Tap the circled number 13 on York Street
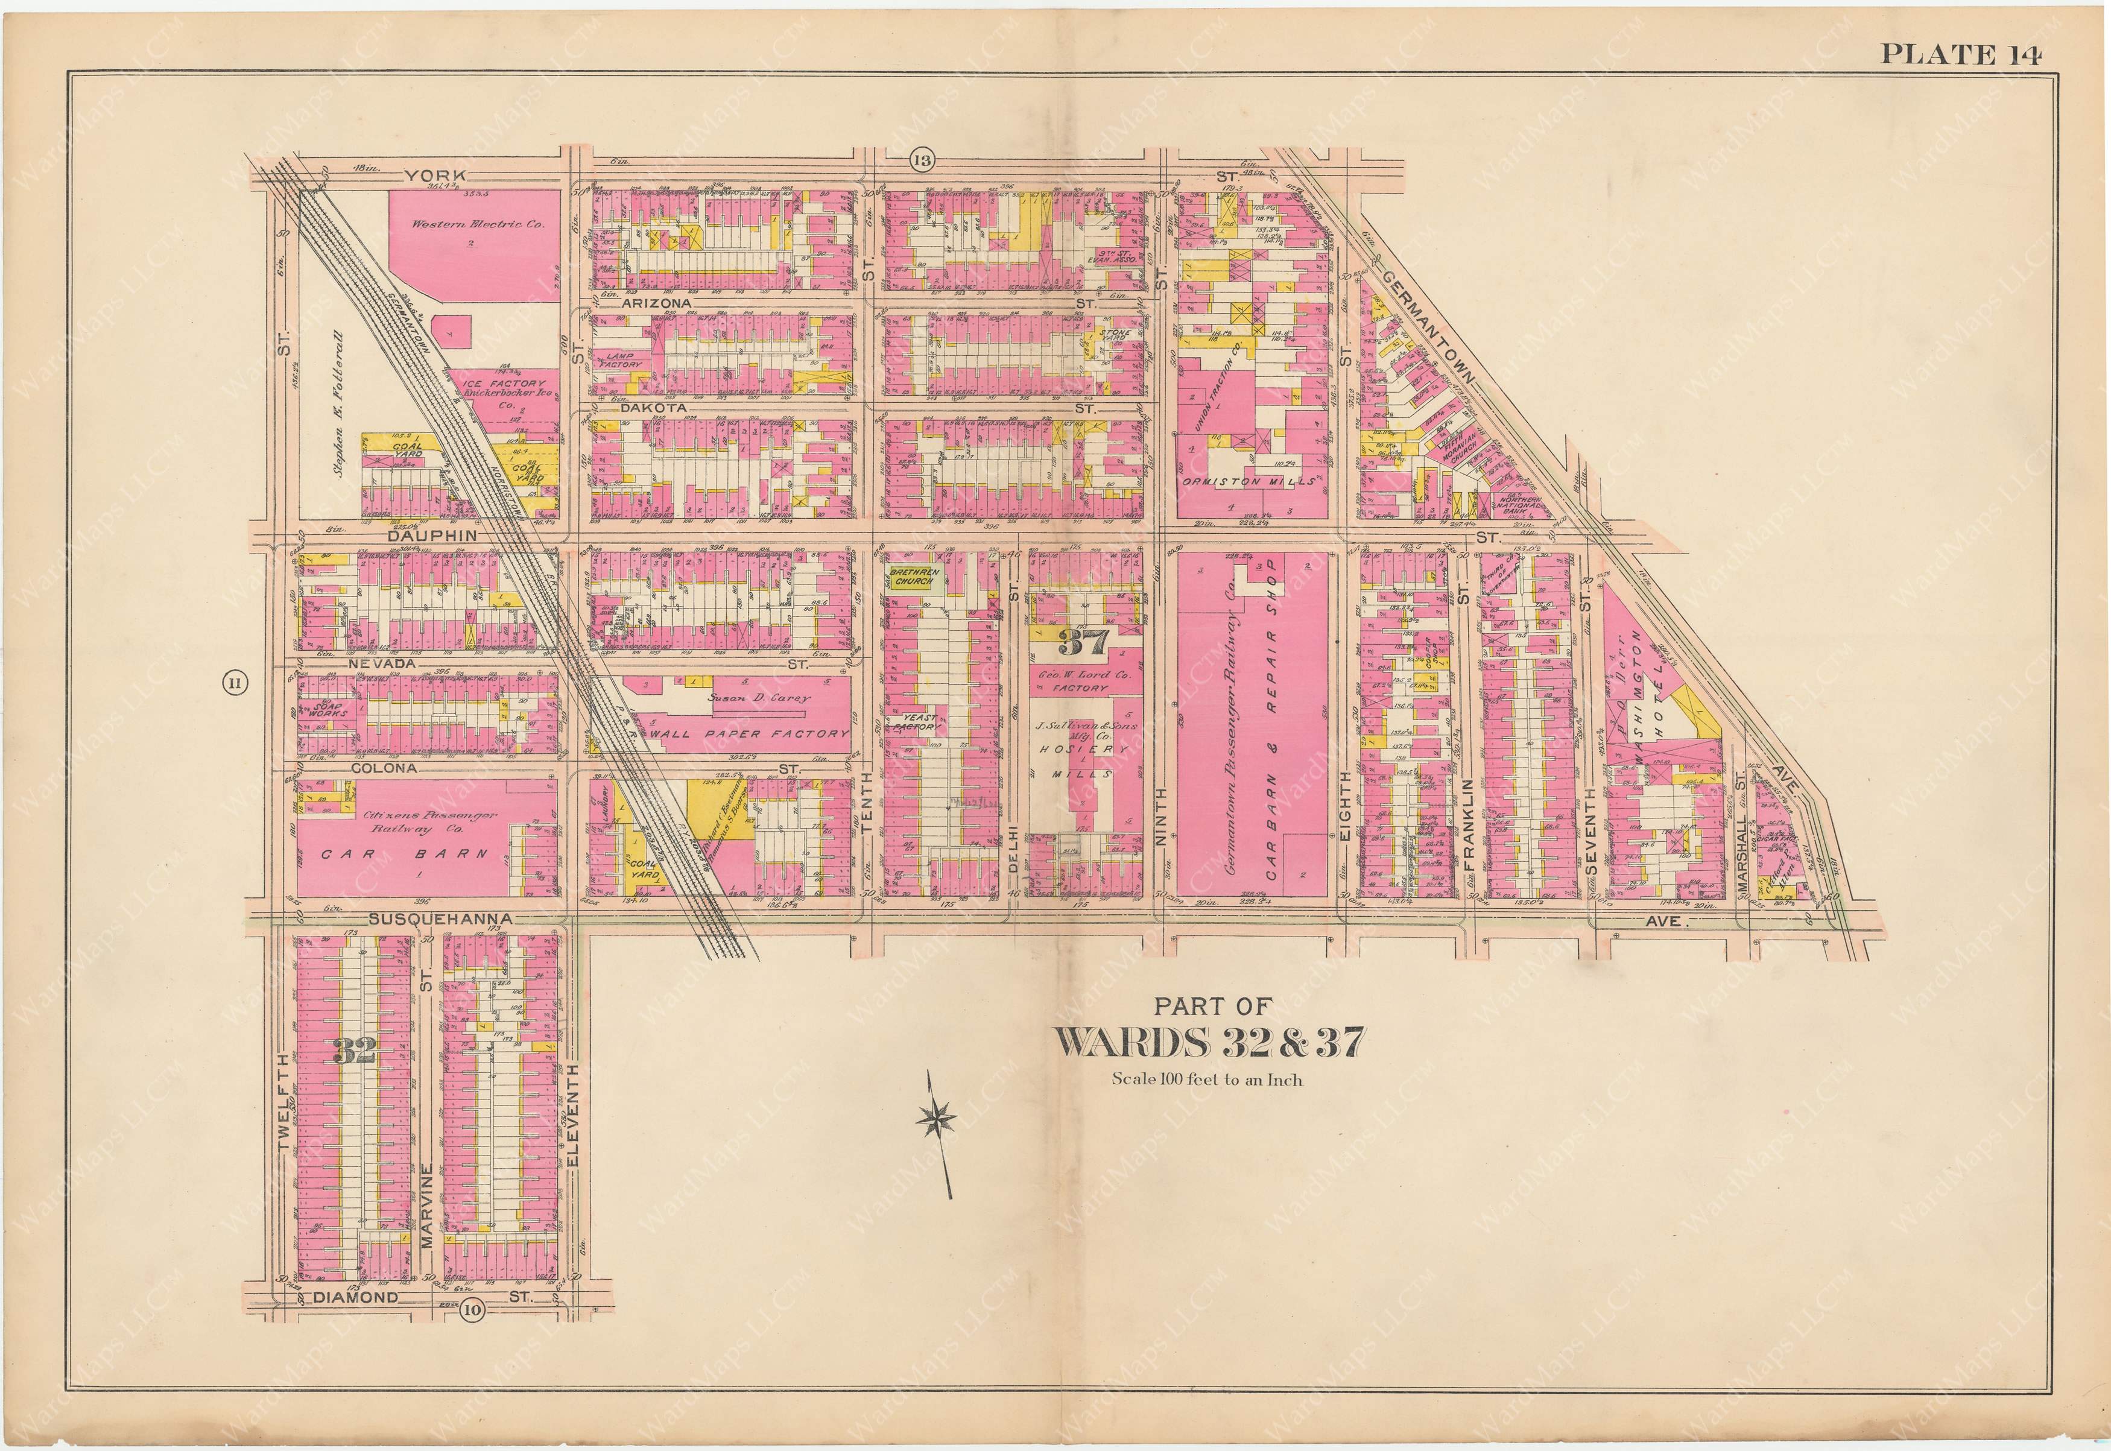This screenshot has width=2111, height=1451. click(x=921, y=162)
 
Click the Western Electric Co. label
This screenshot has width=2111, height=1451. click(x=477, y=224)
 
